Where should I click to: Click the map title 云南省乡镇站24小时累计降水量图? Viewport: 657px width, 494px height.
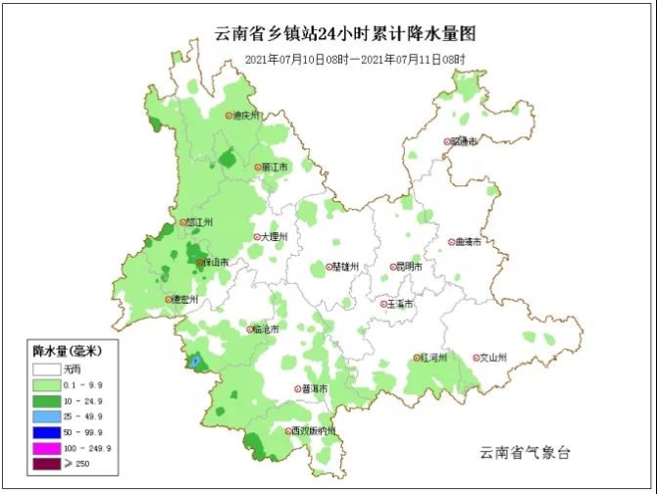tap(344, 33)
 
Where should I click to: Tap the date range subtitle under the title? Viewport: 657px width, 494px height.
tap(354, 60)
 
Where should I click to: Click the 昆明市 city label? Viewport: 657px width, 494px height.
tap(407, 267)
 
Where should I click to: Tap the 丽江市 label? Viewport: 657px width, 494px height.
tap(277, 168)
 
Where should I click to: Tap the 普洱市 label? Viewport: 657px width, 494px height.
tap(314, 389)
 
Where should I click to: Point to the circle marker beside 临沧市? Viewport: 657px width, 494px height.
tap(250, 329)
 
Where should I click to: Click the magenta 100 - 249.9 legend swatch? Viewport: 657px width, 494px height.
tap(46, 448)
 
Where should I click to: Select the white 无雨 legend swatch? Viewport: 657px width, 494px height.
tap(46, 370)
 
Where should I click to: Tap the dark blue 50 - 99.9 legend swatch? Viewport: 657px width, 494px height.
tap(46, 432)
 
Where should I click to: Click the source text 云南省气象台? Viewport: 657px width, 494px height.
tap(525, 453)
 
